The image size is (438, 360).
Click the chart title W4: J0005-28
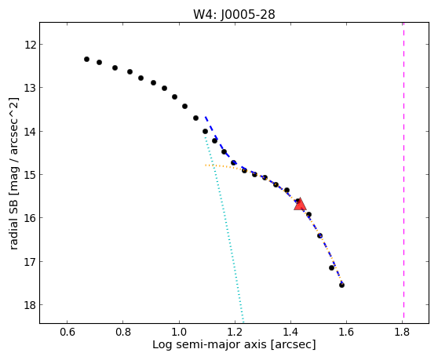[234, 14]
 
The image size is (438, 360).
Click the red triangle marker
[300, 204]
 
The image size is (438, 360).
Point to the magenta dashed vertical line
[403, 170]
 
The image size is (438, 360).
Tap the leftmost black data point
[86, 59]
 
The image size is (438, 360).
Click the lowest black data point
[341, 285]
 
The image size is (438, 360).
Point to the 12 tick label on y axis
[30, 45]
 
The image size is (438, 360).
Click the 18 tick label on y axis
[30, 305]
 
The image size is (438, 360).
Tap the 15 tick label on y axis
[30, 175]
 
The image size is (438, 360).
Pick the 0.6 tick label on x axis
[68, 332]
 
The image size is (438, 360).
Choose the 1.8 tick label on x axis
[402, 332]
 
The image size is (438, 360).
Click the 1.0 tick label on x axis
[179, 332]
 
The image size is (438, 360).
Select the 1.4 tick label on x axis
[290, 332]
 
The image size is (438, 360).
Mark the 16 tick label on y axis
[30, 218]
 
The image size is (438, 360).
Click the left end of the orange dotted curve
[206, 165]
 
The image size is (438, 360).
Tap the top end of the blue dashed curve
[206, 117]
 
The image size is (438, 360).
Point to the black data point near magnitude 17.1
[331, 267]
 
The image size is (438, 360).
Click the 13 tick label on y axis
[30, 88]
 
